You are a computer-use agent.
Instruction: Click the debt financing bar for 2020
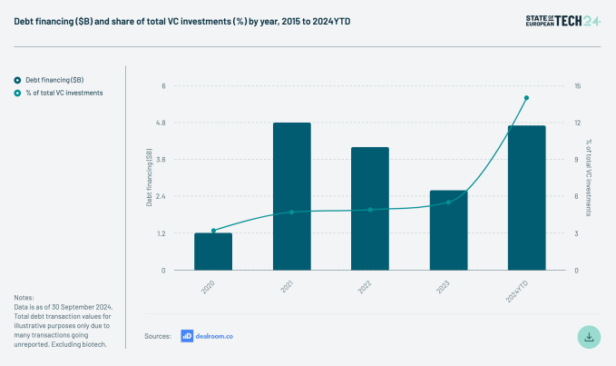coord(213,252)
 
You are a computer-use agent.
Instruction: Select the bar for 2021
coord(291,196)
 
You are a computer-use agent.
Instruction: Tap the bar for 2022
coord(370,209)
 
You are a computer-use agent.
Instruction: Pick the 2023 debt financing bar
coord(448,230)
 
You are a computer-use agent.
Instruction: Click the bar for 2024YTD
coord(526,198)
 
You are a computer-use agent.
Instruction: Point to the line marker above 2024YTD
coord(526,98)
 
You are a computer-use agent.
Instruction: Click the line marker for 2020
coord(213,231)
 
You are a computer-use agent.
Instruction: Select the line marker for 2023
coord(448,203)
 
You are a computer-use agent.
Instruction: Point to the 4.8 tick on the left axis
coord(160,123)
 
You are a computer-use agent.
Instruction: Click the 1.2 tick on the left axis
coord(160,233)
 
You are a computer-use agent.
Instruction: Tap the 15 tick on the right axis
coord(577,86)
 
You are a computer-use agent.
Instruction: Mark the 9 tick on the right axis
coord(577,160)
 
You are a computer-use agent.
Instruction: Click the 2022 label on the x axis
coord(365,286)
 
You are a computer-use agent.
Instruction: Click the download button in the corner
coord(589,336)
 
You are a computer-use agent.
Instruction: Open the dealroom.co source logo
coord(207,336)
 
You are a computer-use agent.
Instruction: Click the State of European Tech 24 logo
coord(562,20)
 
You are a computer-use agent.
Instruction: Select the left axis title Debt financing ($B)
coord(149,178)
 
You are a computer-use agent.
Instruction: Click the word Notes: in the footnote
coord(24,298)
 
